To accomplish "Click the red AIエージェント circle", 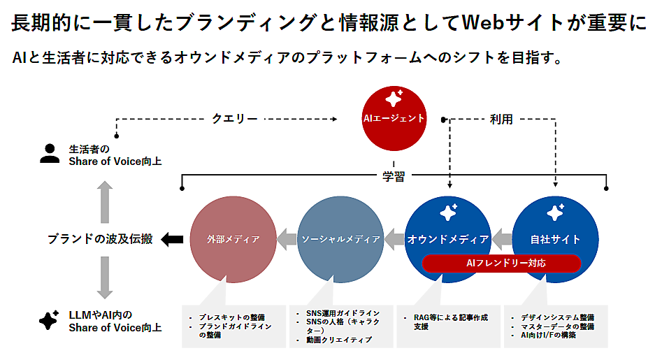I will tap(393, 117).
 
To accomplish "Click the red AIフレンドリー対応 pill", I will tap(501, 264).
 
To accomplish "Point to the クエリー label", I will tap(234, 119).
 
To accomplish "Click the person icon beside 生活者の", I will tap(50, 154).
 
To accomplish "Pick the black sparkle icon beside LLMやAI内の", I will tap(48, 320).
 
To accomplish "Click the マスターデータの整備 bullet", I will tap(556, 326).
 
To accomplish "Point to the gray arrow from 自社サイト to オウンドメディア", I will tap(502, 240).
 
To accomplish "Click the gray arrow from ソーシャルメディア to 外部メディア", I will tap(287, 240).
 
